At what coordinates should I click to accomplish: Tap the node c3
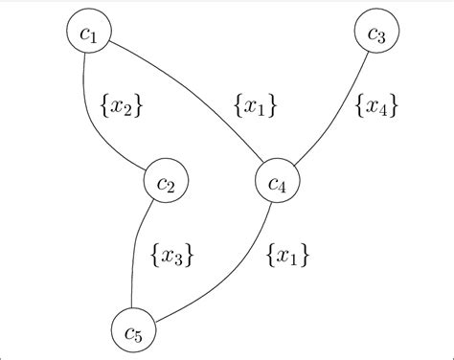coord(376,36)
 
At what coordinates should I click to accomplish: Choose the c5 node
coord(133,332)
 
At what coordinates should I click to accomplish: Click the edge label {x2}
coord(122,106)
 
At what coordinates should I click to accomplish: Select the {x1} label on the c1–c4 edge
coord(256,106)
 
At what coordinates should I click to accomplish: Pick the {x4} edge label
coord(376,106)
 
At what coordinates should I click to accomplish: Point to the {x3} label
coord(173,256)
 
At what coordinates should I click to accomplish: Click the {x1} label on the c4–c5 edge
coord(287,256)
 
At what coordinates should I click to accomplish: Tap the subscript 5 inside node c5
coord(140,336)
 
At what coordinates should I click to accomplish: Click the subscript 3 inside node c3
coord(382,39)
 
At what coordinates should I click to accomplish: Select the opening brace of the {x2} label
coord(103,106)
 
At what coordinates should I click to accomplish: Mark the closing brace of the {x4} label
coord(394,106)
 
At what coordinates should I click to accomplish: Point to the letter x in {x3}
coord(170,256)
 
